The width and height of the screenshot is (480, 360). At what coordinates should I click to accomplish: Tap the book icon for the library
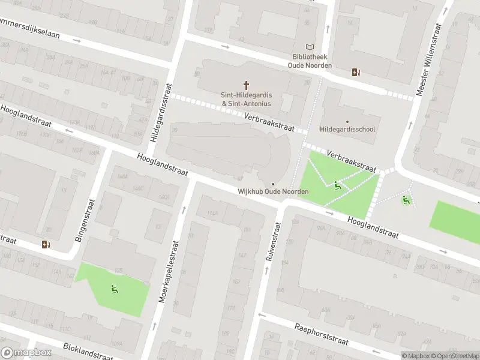coord(310,47)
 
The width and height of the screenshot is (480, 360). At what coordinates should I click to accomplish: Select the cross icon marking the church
coord(246,86)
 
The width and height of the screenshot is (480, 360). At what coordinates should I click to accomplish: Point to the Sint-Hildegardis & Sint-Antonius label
coord(246,99)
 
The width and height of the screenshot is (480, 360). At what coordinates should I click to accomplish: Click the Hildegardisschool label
coord(347,130)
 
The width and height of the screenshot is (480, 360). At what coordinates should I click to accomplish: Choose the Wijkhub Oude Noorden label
coord(273,191)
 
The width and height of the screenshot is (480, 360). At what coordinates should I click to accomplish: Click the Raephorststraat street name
coord(322,334)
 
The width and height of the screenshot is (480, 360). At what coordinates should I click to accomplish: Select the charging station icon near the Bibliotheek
coord(356,73)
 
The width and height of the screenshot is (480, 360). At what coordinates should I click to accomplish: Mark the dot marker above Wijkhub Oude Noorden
coord(273,184)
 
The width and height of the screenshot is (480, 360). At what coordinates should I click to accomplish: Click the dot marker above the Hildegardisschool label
coord(347,122)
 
